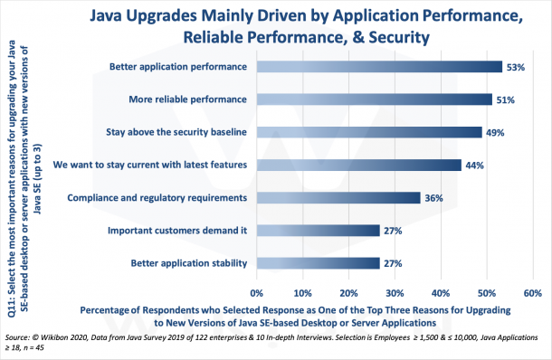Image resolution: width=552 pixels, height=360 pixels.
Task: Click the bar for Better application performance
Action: pos(378,66)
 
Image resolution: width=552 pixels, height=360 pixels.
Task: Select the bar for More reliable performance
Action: pos(374,99)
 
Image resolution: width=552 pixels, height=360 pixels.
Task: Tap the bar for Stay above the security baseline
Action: pos(369,132)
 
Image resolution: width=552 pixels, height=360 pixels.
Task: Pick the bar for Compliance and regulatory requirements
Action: pos(338,197)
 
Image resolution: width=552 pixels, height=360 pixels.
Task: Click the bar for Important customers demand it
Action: pos(318,231)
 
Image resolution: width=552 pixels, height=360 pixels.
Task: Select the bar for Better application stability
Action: pos(318,263)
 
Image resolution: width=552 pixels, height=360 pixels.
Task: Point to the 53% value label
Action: pos(516,67)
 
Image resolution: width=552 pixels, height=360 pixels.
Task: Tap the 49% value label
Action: pos(497,133)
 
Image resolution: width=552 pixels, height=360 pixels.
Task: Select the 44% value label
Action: pos(475,166)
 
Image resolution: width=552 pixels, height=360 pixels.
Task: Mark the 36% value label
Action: pos(435,198)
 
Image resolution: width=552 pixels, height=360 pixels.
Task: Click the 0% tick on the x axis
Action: pos(256,293)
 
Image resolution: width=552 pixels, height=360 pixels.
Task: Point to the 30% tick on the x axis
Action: pos(395,293)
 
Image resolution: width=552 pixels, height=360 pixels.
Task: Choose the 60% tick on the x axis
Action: pos(532,293)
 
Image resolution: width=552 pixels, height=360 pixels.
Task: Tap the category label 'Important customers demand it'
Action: pos(177,231)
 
